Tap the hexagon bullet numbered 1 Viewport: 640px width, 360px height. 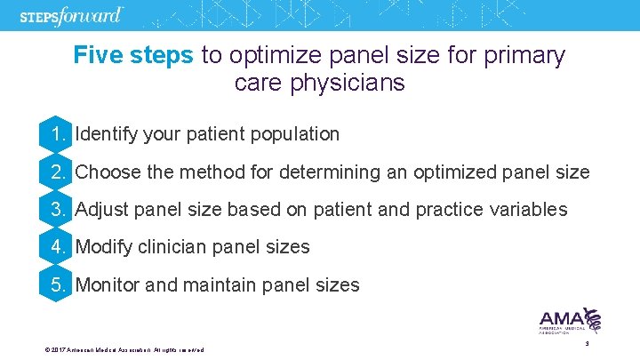click(x=57, y=134)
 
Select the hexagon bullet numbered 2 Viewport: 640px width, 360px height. click(x=57, y=172)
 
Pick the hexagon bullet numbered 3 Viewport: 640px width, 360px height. click(x=57, y=210)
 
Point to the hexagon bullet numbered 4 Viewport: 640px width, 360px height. click(x=57, y=247)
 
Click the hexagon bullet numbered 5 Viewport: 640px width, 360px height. click(x=57, y=285)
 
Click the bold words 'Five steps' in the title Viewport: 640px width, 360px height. click(x=133, y=56)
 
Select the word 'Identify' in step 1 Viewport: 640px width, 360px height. click(x=104, y=134)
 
